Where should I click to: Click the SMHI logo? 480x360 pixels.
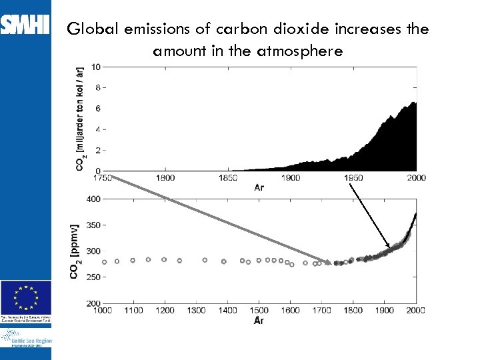click(25, 25)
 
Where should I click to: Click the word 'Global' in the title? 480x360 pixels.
click(91, 29)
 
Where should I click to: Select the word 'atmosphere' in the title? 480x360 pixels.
click(299, 51)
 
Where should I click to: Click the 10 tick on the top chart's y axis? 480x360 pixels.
click(97, 67)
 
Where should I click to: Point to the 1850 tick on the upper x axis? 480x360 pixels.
click(228, 178)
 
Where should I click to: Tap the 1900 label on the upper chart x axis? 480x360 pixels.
click(291, 178)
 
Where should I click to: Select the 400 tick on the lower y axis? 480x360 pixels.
click(93, 199)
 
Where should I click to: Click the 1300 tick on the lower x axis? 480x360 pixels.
click(196, 310)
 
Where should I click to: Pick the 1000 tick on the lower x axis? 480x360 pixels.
click(102, 310)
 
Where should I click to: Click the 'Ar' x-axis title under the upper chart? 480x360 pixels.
click(259, 187)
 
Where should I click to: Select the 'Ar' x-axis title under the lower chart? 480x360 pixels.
click(259, 321)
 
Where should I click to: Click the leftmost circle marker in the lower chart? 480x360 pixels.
click(104, 261)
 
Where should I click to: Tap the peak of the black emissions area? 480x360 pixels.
click(413, 103)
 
